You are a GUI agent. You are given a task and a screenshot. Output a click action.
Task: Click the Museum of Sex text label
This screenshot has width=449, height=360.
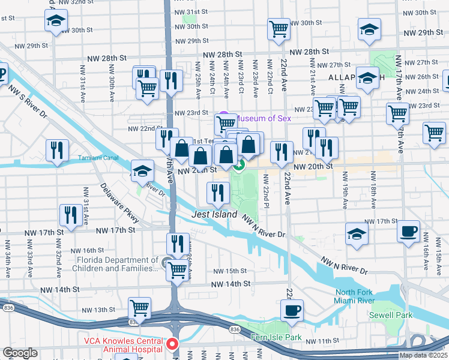(x=265, y=118)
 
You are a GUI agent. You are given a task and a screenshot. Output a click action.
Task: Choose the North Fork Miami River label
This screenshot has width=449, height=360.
(x=355, y=296)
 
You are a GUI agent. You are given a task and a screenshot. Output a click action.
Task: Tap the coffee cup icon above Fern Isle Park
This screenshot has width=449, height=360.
(x=292, y=310)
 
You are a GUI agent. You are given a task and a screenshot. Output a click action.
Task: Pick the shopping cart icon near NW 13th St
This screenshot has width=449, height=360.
(x=139, y=308)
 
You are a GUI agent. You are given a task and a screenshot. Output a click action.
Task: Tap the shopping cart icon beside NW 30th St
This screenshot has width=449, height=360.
(x=279, y=28)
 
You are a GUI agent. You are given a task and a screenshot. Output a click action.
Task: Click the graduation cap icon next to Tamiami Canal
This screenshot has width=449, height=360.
(x=143, y=172)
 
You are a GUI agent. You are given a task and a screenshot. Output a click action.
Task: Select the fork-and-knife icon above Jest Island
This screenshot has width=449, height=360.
(x=217, y=193)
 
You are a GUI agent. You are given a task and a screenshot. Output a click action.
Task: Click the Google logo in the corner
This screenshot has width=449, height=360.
(x=20, y=353)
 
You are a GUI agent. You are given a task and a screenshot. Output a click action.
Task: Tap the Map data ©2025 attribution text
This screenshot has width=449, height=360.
(x=423, y=355)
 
